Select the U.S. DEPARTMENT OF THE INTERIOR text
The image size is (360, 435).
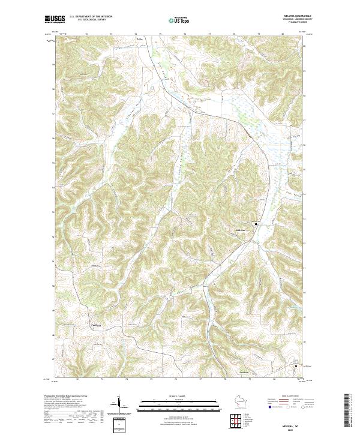(x=91, y=17)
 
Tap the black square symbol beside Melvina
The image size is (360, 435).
(x=256, y=224)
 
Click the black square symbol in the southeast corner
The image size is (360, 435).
(x=295, y=364)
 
